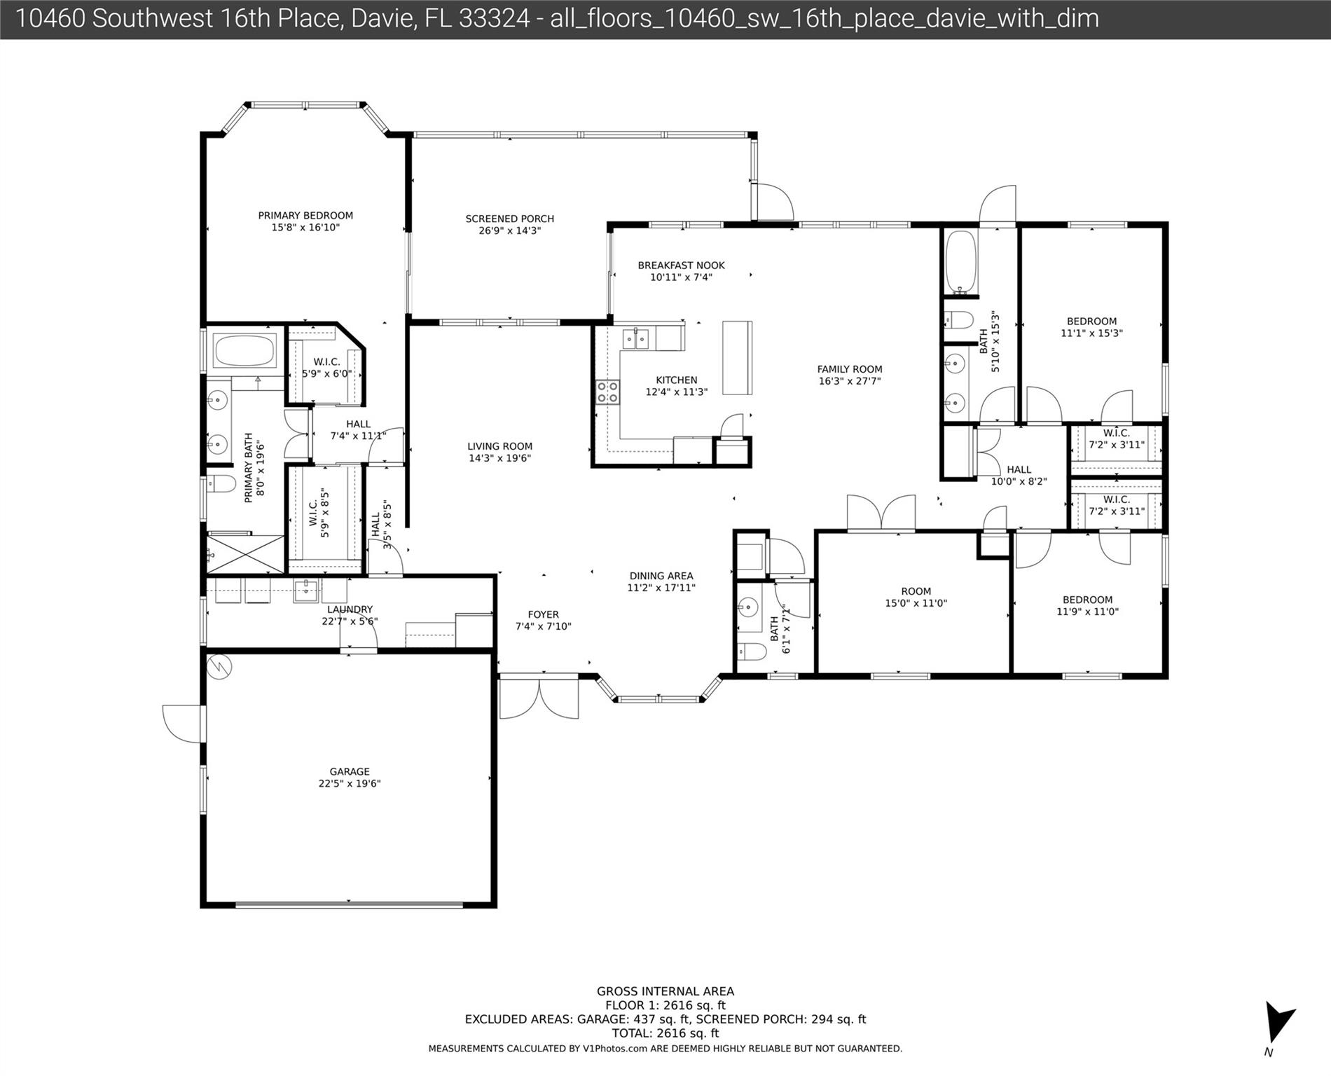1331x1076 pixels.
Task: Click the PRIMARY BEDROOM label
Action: pyautogui.click(x=305, y=221)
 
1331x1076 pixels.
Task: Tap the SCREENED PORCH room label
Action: pyautogui.click(x=510, y=225)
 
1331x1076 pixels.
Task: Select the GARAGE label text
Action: pyautogui.click(x=350, y=778)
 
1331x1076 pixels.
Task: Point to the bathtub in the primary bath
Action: pyautogui.click(x=244, y=351)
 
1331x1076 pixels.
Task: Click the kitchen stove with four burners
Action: pyautogui.click(x=607, y=392)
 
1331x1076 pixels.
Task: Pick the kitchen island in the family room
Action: pyautogui.click(x=737, y=358)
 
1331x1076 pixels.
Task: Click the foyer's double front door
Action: pyautogui.click(x=539, y=698)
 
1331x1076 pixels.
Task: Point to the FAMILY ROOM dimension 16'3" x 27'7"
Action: pyautogui.click(x=850, y=381)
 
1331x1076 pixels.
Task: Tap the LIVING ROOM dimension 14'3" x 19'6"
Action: pyautogui.click(x=500, y=458)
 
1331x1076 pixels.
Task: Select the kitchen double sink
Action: pyautogui.click(x=637, y=339)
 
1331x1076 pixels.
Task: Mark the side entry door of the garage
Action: pyautogui.click(x=184, y=724)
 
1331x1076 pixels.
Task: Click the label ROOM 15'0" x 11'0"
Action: pyautogui.click(x=916, y=597)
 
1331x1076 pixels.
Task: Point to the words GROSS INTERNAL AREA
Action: pyautogui.click(x=665, y=991)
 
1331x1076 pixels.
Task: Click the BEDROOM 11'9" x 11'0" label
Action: pyautogui.click(x=1087, y=605)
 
